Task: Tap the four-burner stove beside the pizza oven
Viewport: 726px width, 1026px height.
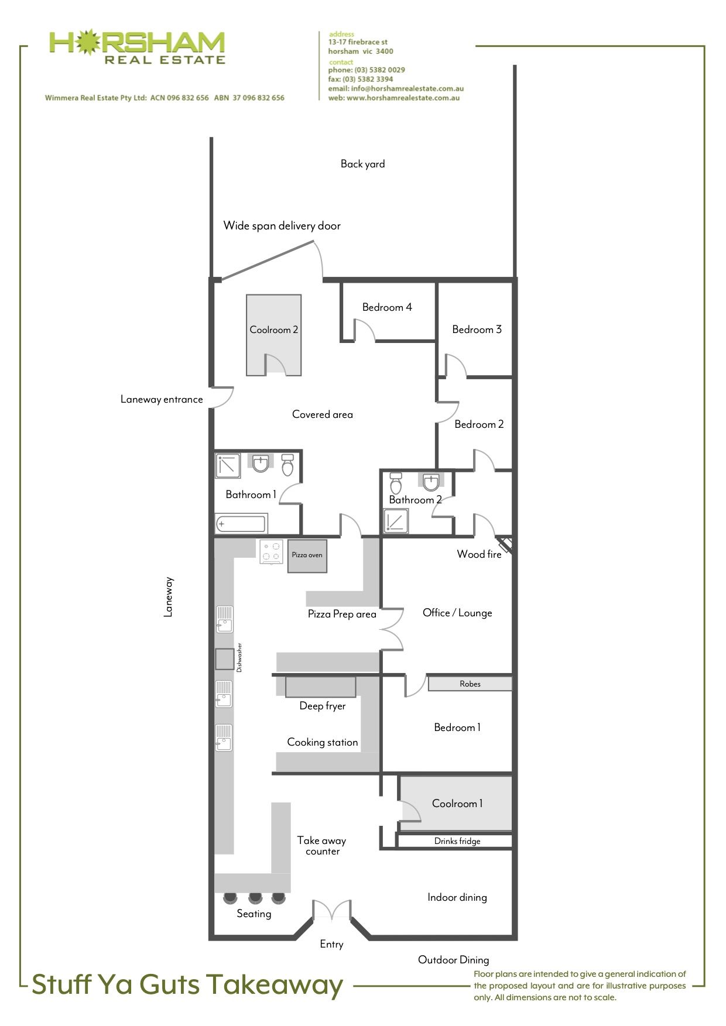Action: coord(272,551)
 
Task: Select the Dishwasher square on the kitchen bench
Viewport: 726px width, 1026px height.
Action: coord(224,658)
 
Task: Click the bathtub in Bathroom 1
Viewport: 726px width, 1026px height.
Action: coord(241,524)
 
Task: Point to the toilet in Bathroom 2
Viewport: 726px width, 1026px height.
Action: coord(396,483)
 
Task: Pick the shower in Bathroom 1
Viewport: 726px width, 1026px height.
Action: coord(228,466)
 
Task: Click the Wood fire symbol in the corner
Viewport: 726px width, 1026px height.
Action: coord(505,544)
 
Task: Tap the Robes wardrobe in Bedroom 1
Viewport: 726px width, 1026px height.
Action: coord(470,684)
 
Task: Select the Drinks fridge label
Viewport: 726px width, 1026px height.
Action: coord(457,841)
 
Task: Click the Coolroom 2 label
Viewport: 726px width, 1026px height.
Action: coord(274,330)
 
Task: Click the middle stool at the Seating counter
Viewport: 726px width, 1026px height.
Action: coord(255,897)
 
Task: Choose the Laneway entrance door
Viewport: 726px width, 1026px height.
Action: coord(222,397)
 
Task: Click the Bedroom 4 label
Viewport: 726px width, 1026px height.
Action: coord(387,307)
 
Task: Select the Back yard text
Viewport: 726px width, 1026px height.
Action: coord(363,164)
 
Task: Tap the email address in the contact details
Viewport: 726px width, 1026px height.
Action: coord(396,88)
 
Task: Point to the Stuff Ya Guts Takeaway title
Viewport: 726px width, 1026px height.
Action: coord(187,984)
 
